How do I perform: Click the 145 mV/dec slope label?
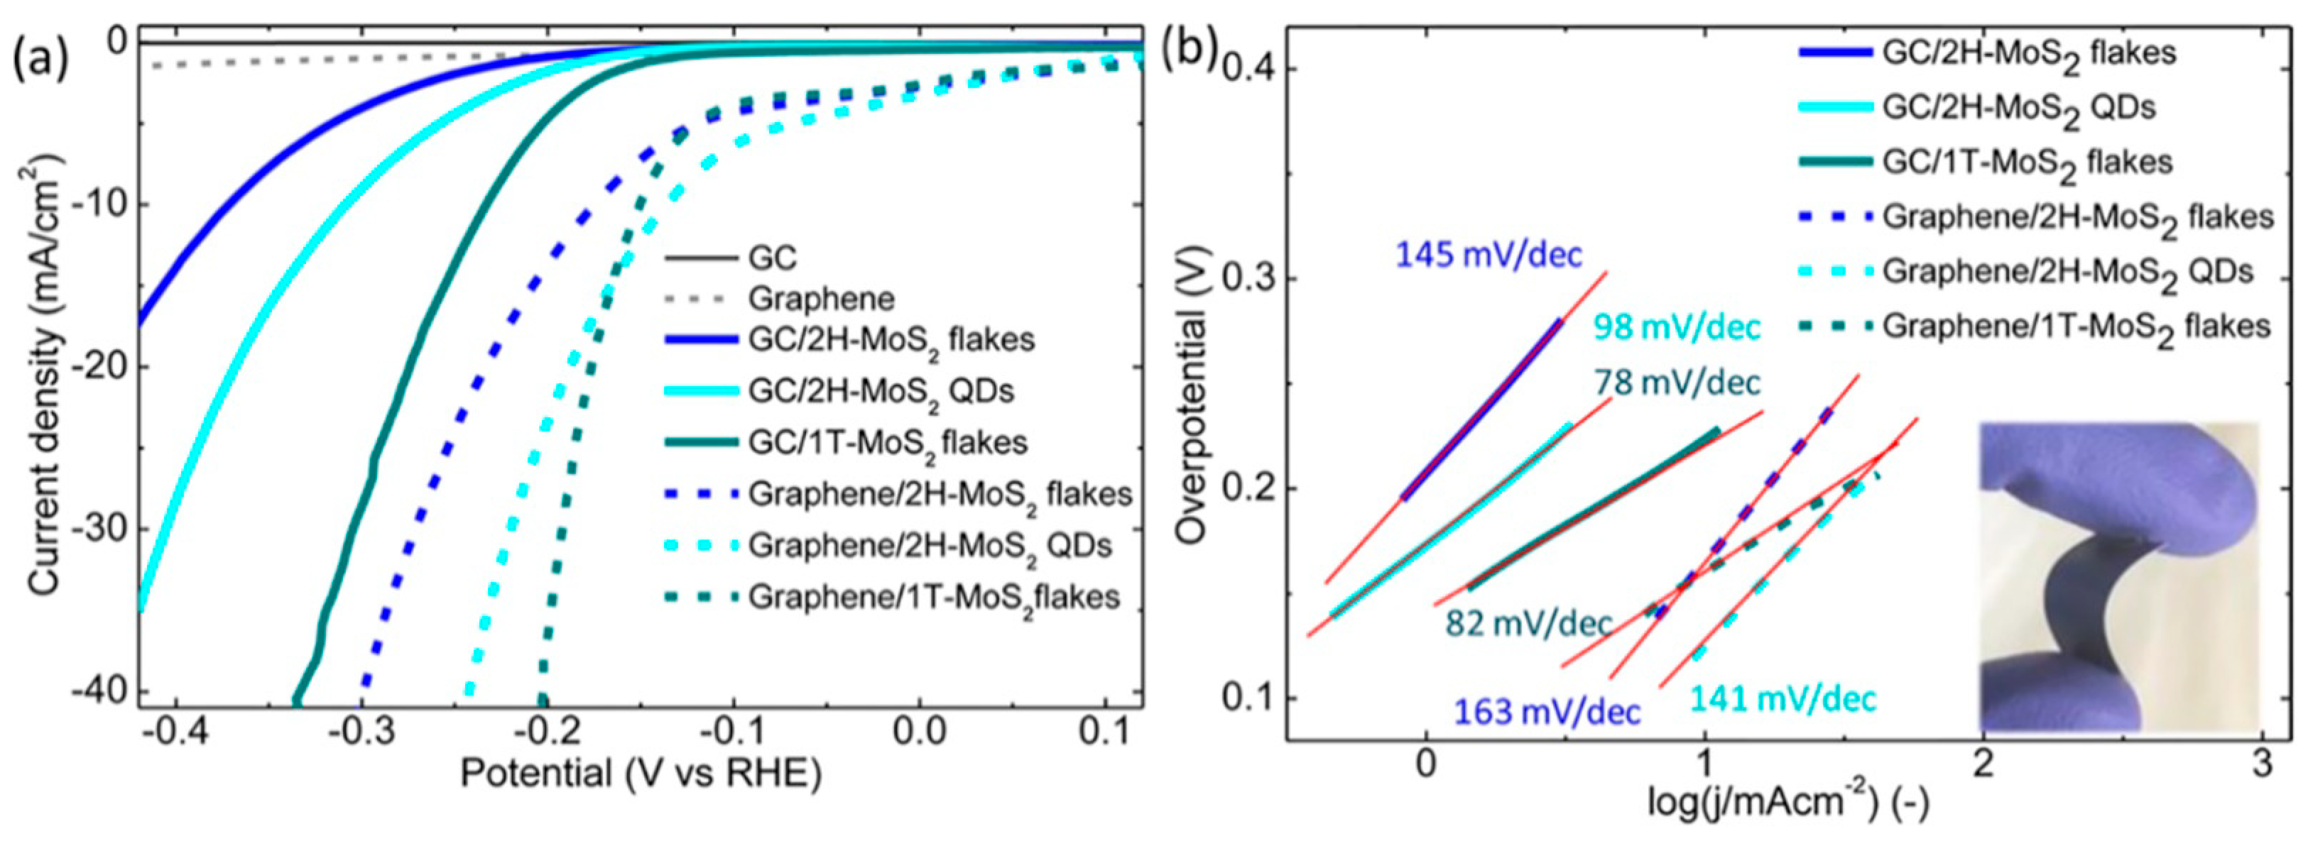1489,255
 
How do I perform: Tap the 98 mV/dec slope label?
1677,327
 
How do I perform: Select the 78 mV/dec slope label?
1677,383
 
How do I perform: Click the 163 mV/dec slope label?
1547,712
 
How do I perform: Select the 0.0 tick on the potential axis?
918,732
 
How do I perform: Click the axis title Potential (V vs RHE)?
641,774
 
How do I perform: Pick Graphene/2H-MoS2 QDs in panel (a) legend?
929,546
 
